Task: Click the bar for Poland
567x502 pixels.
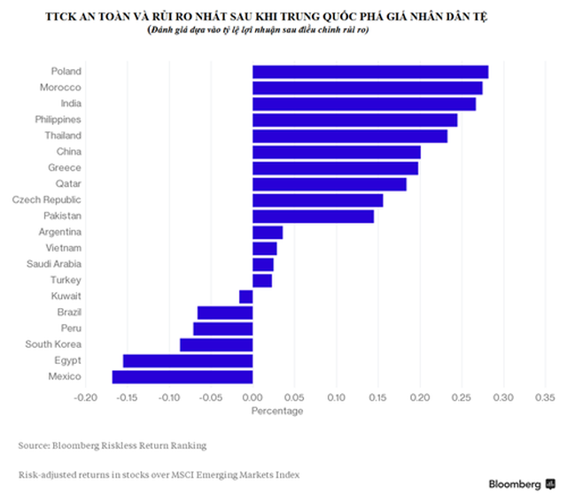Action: point(370,72)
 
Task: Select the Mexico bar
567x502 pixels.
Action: point(183,377)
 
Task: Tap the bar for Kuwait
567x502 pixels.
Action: point(246,297)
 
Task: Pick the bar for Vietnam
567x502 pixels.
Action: point(265,249)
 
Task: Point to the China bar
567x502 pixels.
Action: point(337,152)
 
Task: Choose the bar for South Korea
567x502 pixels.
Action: point(216,344)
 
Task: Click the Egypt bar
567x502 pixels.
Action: point(188,360)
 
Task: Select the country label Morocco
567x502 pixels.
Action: point(61,88)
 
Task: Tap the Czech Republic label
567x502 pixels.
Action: point(47,200)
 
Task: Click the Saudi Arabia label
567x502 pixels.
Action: point(54,264)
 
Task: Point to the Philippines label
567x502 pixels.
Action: point(58,120)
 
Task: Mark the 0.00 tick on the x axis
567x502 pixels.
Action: point(252,397)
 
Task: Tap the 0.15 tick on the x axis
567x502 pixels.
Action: point(378,397)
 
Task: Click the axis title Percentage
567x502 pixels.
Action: point(276,411)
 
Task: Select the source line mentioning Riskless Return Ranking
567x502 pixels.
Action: point(112,444)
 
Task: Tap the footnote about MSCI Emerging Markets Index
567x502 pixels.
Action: point(158,475)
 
